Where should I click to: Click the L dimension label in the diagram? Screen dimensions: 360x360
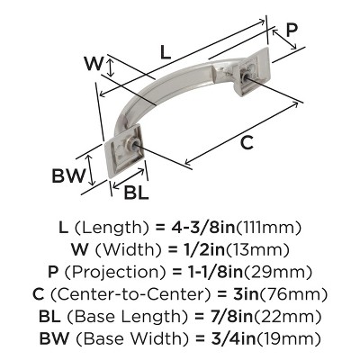click(x=166, y=53)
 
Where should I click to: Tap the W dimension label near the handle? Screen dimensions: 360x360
click(x=91, y=64)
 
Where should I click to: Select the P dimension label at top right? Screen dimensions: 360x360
click(x=291, y=30)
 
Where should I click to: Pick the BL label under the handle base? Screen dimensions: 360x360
click(x=136, y=192)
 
